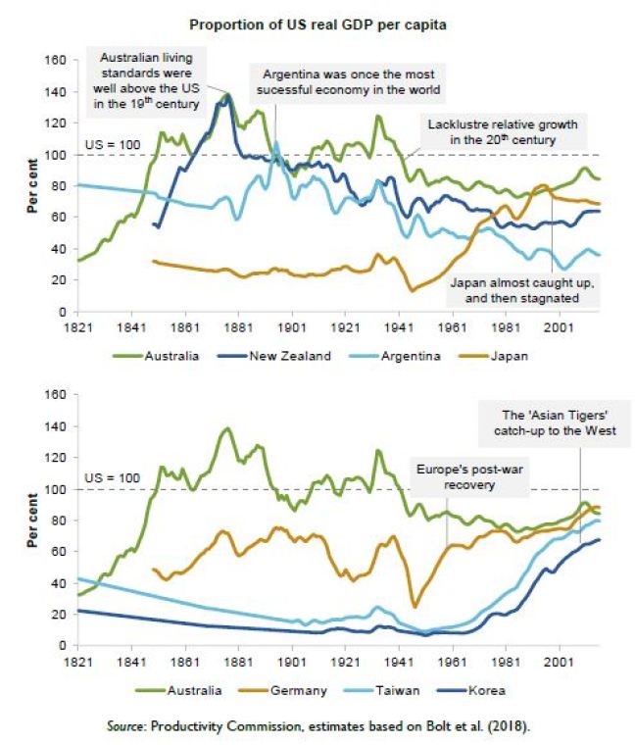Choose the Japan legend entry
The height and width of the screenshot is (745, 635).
511,356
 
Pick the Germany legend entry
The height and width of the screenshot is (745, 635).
299,690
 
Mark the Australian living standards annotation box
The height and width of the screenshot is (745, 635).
151,81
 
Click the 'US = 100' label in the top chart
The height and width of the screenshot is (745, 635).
117,145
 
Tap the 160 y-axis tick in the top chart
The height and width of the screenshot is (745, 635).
55,61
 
